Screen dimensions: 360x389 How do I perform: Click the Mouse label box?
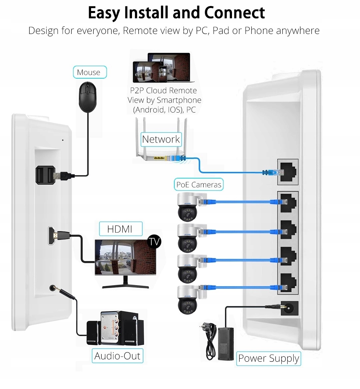click(90, 72)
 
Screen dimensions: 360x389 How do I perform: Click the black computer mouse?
click(87, 97)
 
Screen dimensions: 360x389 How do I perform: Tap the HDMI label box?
click(121, 229)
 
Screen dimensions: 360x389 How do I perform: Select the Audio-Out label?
click(117, 356)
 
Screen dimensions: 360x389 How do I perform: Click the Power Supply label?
click(269, 358)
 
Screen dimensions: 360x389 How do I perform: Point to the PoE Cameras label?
click(199, 184)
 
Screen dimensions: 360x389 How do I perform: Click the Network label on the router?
click(161, 139)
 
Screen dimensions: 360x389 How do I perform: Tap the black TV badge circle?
click(154, 241)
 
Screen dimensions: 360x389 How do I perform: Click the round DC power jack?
click(289, 308)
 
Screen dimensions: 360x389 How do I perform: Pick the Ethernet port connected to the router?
click(288, 172)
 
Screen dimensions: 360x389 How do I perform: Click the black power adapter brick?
click(226, 344)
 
